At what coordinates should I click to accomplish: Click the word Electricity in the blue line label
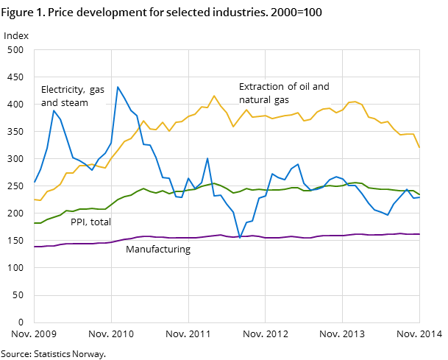pos(63,90)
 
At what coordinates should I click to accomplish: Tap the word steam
pos(74,103)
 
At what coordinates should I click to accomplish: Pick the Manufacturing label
pos(157,250)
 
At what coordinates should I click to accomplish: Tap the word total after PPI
pos(102,222)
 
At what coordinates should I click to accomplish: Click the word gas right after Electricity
pos(97,90)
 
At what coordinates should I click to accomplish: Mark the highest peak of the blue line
pos(118,87)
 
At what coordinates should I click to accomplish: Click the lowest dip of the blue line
pos(240,238)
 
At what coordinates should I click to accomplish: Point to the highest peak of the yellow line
pos(214,96)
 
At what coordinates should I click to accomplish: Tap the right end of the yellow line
pos(419,147)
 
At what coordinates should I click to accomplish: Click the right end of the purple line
pos(419,234)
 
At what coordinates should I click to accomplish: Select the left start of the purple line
pos(35,247)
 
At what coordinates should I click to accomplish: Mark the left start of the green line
pos(35,222)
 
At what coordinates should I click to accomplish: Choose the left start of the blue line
pos(35,182)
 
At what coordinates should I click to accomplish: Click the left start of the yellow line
pos(35,199)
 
